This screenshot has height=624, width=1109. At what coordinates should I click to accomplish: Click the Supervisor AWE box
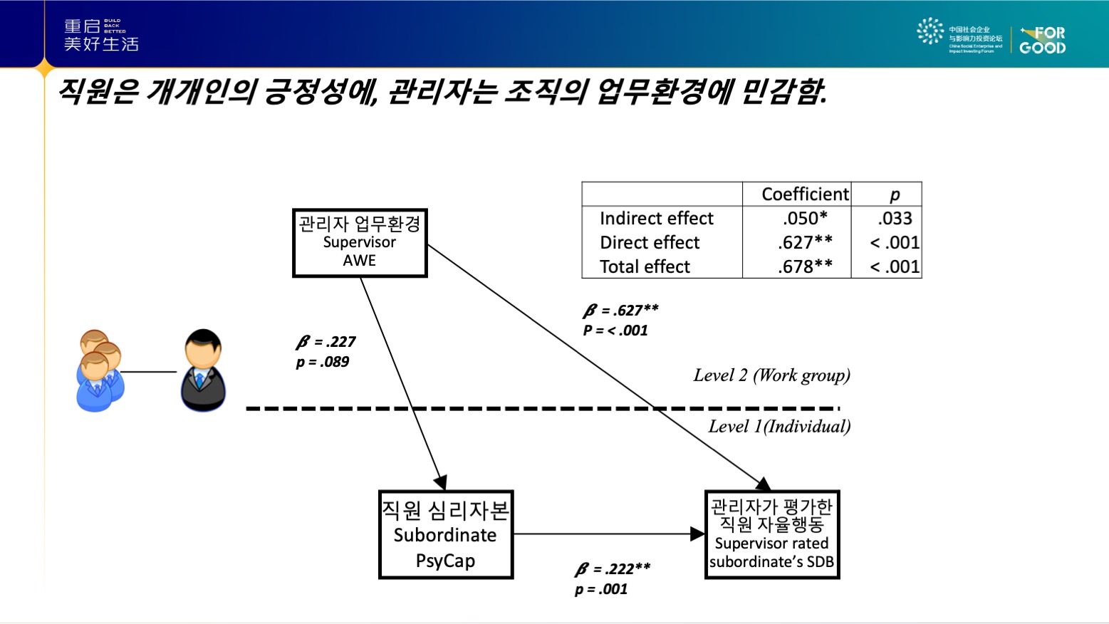[x=360, y=243]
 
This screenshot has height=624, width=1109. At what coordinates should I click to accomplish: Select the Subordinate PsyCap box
[x=446, y=534]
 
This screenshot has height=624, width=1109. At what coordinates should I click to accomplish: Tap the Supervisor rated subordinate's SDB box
[x=772, y=534]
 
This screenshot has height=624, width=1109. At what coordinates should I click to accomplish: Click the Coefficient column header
[x=805, y=194]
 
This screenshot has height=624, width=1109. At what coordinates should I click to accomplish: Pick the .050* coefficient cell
[x=805, y=219]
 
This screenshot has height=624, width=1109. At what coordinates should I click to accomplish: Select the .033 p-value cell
[x=895, y=219]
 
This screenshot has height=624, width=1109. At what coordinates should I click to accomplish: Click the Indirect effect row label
[x=656, y=219]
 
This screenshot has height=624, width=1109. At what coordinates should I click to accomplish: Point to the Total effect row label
[x=645, y=267]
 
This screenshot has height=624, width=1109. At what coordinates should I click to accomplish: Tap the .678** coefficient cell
[x=805, y=267]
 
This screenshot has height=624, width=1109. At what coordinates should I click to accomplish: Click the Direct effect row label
[x=650, y=243]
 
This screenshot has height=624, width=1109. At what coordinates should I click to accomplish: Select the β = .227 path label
[x=326, y=342]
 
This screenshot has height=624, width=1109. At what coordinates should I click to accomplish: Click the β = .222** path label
[x=613, y=569]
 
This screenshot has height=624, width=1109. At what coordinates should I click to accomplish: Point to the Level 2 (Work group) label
[x=771, y=375]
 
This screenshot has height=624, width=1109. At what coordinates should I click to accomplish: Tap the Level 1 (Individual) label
[x=779, y=427]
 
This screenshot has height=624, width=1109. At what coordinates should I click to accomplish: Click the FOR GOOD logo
[x=1042, y=41]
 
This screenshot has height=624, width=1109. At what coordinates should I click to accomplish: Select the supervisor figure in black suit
[x=203, y=370]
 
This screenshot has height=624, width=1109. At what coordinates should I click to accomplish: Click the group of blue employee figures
[x=99, y=370]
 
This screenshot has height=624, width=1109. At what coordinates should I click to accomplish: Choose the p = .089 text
[x=323, y=362]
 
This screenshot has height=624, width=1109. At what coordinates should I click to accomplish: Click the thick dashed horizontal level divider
[x=541, y=409]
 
